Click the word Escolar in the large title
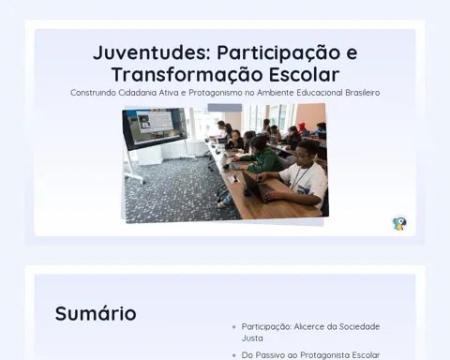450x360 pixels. [x=304, y=75]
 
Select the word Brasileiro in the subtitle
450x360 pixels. [x=363, y=93]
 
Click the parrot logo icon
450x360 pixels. [x=399, y=223]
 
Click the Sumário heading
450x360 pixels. [x=96, y=313]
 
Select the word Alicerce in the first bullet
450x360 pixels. [x=309, y=327]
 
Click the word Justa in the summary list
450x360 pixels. [x=252, y=338]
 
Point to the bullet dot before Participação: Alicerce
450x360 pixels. [x=234, y=327]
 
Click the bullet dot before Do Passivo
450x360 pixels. [x=234, y=355]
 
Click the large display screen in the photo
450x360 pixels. [x=155, y=128]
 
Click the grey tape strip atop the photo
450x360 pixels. [x=225, y=108]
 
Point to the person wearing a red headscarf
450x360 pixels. [x=303, y=127]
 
